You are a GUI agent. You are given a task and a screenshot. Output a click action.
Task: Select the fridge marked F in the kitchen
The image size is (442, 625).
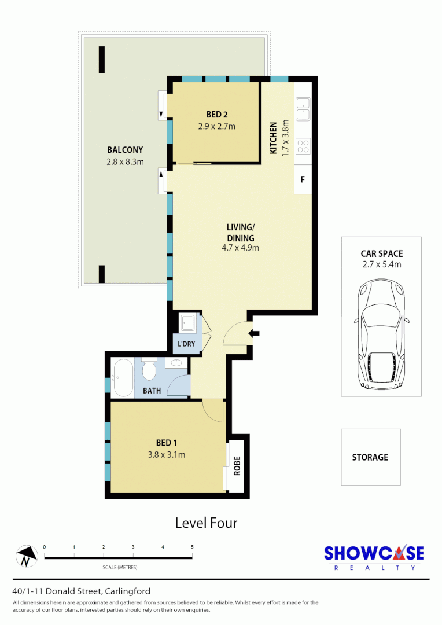click(x=302, y=179)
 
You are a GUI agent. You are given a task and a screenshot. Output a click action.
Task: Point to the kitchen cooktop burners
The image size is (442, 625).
click(x=303, y=146)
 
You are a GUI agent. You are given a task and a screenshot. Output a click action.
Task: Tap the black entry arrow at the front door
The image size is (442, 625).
click(x=254, y=333)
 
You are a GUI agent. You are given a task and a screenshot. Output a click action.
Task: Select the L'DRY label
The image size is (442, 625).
click(x=186, y=344)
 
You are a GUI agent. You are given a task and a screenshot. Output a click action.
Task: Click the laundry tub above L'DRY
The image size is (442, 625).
click(x=187, y=323)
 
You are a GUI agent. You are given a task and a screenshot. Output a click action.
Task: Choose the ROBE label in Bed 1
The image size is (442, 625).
click(x=236, y=466)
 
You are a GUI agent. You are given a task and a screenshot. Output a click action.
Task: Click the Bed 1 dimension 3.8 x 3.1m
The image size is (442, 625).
click(x=166, y=454)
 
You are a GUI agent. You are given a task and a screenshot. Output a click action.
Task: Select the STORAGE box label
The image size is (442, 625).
click(x=370, y=457)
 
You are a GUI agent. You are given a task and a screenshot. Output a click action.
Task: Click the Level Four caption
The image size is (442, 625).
click(x=207, y=523)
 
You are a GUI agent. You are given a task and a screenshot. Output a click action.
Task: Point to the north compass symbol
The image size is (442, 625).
click(x=25, y=557)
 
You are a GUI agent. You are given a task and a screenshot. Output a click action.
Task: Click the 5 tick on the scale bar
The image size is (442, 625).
click(x=192, y=547)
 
